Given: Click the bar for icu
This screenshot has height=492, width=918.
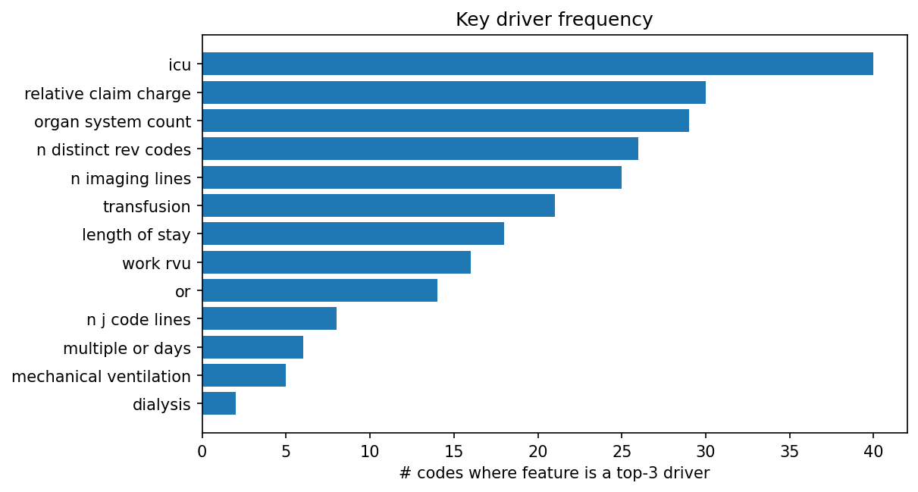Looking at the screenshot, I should (537, 64).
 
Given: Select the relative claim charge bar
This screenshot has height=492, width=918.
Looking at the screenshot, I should (453, 92).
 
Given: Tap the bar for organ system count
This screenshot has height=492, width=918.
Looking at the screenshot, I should (445, 121).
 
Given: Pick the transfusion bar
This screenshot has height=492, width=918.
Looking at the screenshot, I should (378, 205).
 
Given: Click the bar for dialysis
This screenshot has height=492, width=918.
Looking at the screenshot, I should (219, 404).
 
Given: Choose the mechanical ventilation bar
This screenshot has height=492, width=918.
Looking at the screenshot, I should (244, 375).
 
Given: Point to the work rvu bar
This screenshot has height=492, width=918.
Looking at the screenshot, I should (337, 262).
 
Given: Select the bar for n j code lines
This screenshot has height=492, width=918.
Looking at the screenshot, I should (269, 319).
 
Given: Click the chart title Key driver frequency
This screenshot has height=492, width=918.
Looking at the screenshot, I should (554, 20).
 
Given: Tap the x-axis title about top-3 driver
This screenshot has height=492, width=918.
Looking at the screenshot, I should (554, 474).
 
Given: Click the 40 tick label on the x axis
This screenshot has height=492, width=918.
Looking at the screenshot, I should (873, 452).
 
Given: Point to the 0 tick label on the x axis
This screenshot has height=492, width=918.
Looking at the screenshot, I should (202, 452).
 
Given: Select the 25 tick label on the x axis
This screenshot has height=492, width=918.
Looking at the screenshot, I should (622, 452).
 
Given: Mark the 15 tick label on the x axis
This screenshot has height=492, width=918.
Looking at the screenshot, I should (453, 452).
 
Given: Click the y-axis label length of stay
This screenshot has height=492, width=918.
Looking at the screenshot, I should (136, 235).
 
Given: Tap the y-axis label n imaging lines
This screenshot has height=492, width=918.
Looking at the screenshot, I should (130, 178).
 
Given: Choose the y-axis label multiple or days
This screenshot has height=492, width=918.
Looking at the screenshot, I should (127, 349).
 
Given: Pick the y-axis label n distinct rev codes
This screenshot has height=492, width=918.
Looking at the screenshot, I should (114, 150).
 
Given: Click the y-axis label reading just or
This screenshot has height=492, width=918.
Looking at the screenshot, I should (183, 292).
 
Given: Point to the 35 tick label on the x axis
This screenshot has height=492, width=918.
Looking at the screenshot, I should (789, 452).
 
